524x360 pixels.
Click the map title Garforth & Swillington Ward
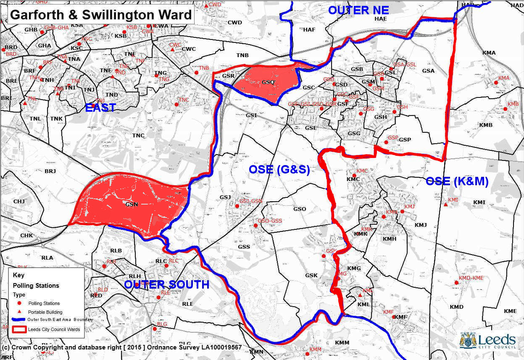click(x=100, y=15)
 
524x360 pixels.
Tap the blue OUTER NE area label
click(x=358, y=10)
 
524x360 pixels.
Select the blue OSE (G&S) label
click(x=279, y=170)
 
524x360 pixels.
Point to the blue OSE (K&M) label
click(x=457, y=181)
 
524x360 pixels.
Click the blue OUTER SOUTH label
click(x=167, y=284)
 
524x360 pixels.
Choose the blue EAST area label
click(x=100, y=108)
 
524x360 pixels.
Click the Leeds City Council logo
click(x=488, y=341)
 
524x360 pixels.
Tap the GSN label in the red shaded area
click(x=132, y=205)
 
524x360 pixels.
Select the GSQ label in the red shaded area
click(x=268, y=82)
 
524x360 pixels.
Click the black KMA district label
click(x=489, y=53)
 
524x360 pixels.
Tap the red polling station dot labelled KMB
click(x=506, y=109)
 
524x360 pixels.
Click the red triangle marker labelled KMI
click(x=445, y=205)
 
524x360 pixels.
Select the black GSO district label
click(x=300, y=209)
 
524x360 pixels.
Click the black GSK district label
click(x=311, y=276)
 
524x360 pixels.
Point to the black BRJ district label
click(x=50, y=171)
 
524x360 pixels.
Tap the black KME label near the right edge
click(x=510, y=311)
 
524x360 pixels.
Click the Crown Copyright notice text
click(x=122, y=347)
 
